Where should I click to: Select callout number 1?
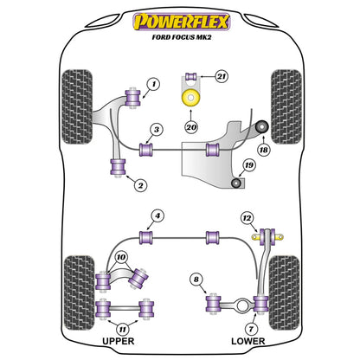pyautogui.click(x=153, y=84)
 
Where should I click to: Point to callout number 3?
pyautogui.click(x=156, y=130)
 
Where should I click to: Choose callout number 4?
pyautogui.click(x=157, y=215)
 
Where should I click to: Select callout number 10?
pyautogui.click(x=120, y=257)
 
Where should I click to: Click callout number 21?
pyautogui.click(x=222, y=77)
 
